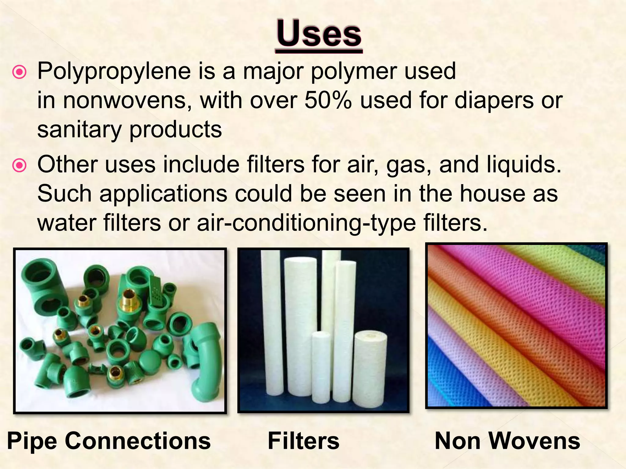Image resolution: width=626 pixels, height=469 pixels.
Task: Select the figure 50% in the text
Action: [328, 100]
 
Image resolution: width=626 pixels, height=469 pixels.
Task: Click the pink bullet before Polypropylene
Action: [20, 72]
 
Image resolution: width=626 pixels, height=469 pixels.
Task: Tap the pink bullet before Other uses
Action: [20, 165]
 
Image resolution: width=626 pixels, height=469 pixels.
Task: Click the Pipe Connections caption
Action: [109, 441]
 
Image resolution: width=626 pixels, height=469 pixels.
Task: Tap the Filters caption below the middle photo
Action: [304, 441]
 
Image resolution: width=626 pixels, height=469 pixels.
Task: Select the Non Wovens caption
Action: [507, 441]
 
